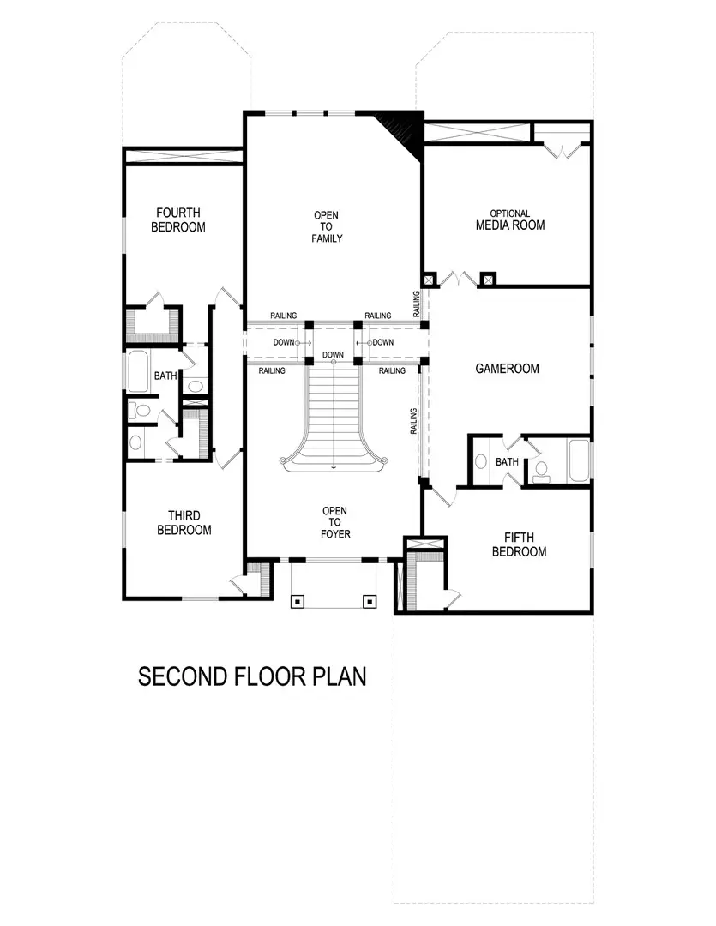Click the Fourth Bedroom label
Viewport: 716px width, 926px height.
(x=178, y=220)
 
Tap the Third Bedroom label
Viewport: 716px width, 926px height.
(x=184, y=523)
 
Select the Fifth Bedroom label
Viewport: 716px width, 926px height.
(x=519, y=544)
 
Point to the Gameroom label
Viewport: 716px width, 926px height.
(x=507, y=369)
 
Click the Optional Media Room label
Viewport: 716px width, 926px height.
(x=510, y=220)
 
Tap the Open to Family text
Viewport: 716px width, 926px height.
(x=327, y=226)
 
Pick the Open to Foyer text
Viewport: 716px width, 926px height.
(x=334, y=523)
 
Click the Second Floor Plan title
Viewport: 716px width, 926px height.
(x=252, y=676)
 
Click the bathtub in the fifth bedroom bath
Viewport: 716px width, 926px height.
(x=579, y=461)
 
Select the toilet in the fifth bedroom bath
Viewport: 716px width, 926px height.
(x=540, y=471)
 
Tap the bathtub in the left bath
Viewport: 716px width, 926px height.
(x=138, y=371)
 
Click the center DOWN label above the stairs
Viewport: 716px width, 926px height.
(x=334, y=355)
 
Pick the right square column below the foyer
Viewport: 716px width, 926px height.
(x=370, y=601)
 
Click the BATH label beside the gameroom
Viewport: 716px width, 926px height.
(x=507, y=462)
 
